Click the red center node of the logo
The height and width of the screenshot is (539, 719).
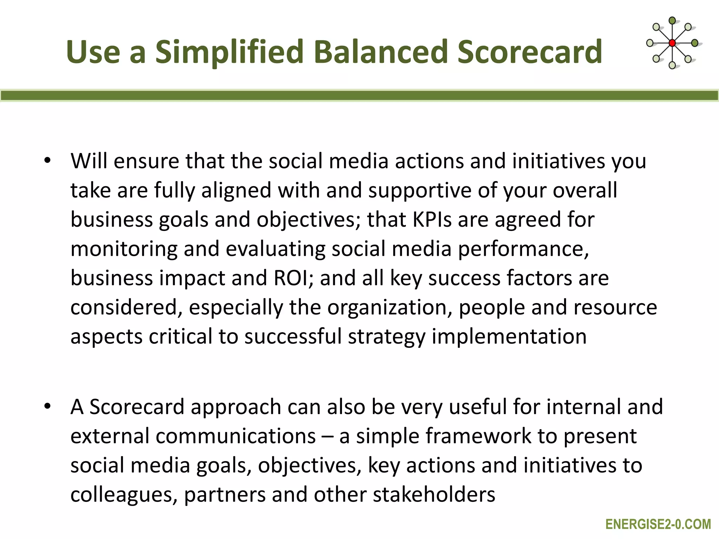(x=672, y=43)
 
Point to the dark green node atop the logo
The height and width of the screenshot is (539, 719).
(x=672, y=21)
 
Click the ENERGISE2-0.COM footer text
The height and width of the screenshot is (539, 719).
(x=658, y=524)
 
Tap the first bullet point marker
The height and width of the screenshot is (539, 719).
(x=47, y=161)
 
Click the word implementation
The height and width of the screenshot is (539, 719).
(x=509, y=337)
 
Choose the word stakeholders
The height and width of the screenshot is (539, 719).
(x=434, y=495)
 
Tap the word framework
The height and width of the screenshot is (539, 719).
(x=478, y=436)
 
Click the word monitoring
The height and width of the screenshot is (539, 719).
(x=124, y=249)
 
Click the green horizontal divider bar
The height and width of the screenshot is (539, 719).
(x=359, y=95)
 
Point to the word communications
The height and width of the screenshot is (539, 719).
(x=236, y=436)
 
